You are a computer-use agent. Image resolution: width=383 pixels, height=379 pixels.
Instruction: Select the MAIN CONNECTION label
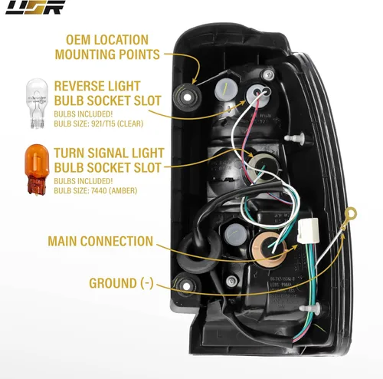[100, 241]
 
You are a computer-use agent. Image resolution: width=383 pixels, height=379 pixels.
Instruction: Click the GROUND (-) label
[121, 282]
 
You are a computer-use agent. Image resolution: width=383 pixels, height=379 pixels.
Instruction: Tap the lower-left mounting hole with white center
[184, 285]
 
